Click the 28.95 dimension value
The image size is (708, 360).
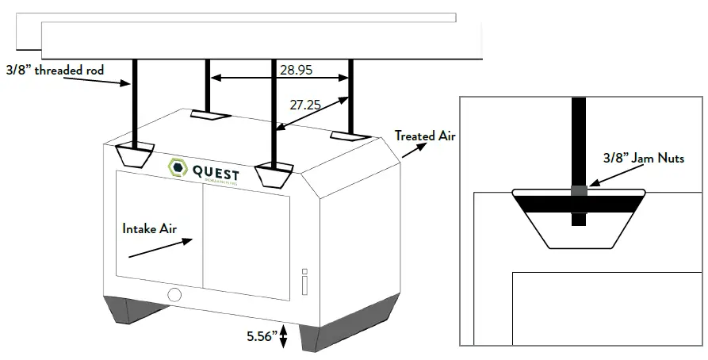[296, 70]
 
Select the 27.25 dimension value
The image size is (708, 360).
[305, 105]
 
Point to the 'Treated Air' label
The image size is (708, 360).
[425, 136]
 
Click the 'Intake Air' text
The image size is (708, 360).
[149, 228]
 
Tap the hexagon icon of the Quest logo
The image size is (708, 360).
[177, 167]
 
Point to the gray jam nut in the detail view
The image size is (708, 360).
[579, 191]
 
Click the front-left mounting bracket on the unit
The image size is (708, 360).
[136, 154]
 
